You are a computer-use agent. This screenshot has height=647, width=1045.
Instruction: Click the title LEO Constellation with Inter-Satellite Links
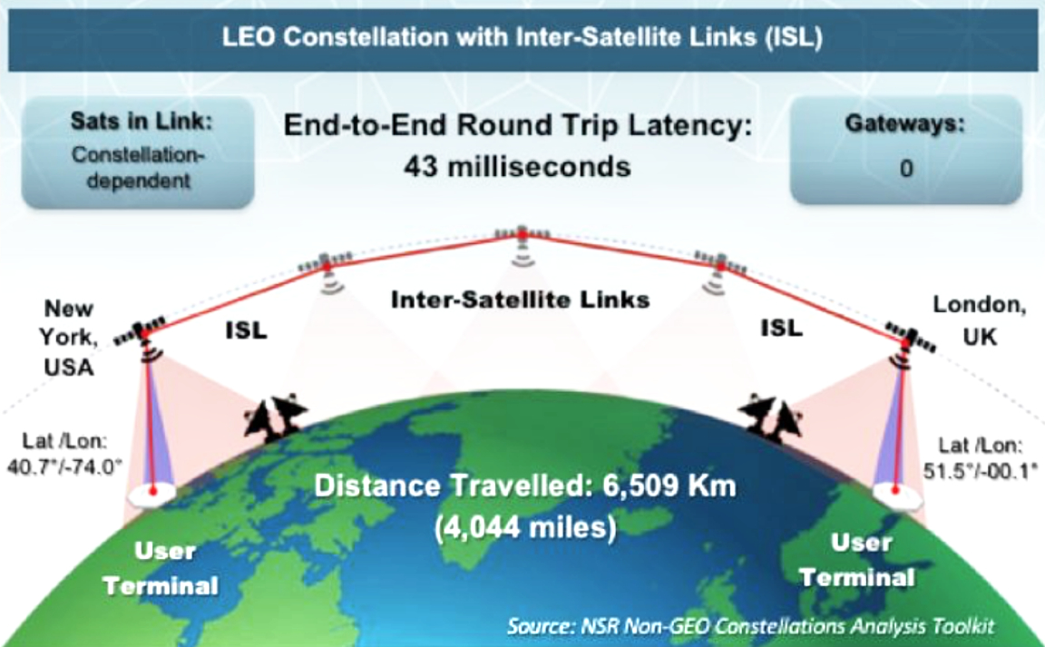click(x=522, y=36)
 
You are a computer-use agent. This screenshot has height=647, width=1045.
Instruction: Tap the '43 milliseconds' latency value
click(x=517, y=167)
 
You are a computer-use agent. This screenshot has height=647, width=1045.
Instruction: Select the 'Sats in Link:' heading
click(x=142, y=121)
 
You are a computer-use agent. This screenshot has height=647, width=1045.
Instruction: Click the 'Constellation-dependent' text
click(x=139, y=167)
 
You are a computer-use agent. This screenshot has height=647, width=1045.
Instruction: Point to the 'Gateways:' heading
click(x=905, y=123)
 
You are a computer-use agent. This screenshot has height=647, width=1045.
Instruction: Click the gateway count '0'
click(x=906, y=168)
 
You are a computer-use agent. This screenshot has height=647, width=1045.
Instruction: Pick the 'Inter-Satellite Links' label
click(x=521, y=299)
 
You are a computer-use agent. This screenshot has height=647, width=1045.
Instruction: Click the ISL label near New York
click(x=246, y=329)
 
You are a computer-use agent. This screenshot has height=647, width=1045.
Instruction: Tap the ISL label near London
click(x=782, y=328)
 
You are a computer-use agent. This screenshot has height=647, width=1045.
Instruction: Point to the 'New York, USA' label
click(x=68, y=338)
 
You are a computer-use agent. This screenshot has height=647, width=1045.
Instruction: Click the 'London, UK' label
click(x=979, y=320)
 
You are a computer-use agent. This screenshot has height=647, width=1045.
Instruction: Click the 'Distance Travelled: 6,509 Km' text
click(x=525, y=485)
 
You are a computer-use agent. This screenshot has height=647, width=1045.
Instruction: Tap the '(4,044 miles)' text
click(x=525, y=527)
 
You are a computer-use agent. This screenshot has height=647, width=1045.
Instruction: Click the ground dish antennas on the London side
click(x=771, y=417)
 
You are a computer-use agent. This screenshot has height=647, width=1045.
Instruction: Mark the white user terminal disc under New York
click(x=152, y=494)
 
